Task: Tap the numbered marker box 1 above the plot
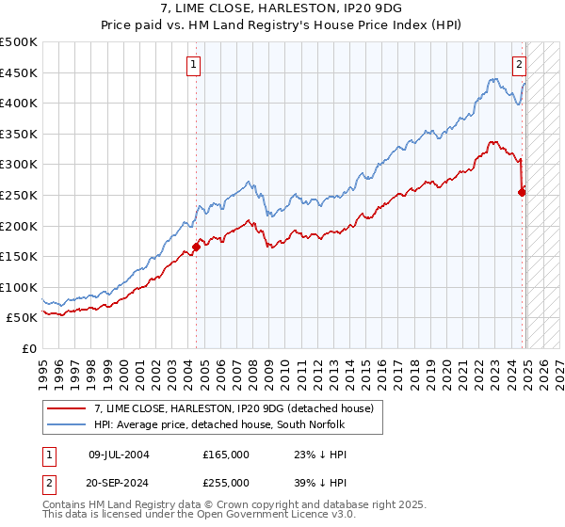[193, 65]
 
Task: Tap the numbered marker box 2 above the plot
[519, 65]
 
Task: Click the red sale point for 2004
[197, 247]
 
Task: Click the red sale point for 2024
[523, 192]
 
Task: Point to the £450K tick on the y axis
[19, 72]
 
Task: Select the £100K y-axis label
[19, 287]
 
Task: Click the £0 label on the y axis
[28, 348]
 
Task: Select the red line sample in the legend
[67, 408]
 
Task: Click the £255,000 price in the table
[226, 482]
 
